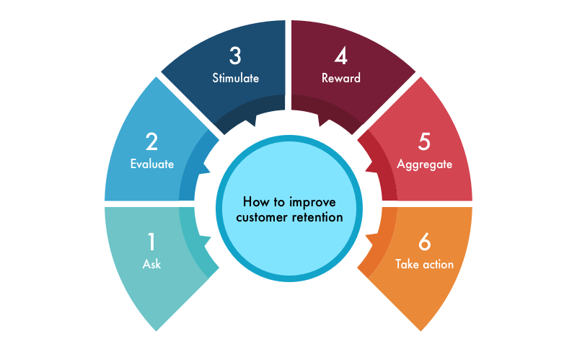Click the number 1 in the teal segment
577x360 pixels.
(x=151, y=242)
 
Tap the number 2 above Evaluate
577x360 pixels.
(x=151, y=141)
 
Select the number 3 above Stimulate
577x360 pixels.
(x=235, y=56)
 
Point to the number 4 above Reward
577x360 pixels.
(x=340, y=56)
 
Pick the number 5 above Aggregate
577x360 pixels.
(x=424, y=141)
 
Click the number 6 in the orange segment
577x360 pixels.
(x=424, y=242)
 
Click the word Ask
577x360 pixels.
(x=151, y=264)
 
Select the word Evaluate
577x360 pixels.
(x=152, y=164)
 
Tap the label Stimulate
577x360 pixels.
(x=236, y=78)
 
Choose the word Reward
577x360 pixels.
(x=341, y=78)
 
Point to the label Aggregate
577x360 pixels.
(x=424, y=164)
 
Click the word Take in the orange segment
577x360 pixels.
(x=407, y=264)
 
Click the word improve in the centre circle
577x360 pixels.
(x=312, y=203)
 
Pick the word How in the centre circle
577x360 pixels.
(x=253, y=202)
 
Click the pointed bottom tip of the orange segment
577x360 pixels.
(x=420, y=331)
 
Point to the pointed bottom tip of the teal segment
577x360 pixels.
(x=156, y=331)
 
